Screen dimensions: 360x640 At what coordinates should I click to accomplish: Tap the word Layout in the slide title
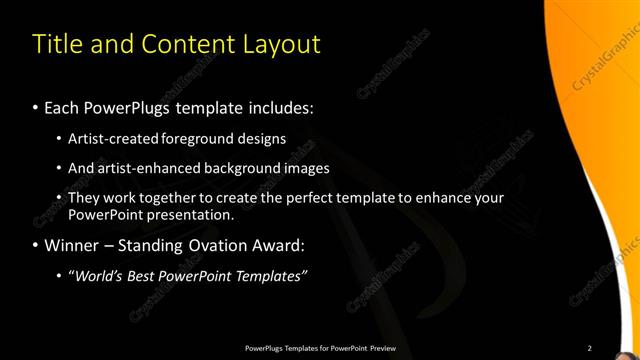pyautogui.click(x=281, y=45)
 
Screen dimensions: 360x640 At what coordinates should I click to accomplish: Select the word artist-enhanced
pyautogui.click(x=144, y=168)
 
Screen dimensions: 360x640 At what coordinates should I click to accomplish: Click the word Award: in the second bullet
pyautogui.click(x=279, y=245)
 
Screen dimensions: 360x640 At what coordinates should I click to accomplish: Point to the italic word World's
pyautogui.click(x=96, y=275)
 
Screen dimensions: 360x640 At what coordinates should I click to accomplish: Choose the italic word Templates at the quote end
pyautogui.click(x=268, y=275)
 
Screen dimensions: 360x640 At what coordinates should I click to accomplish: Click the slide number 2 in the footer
pyautogui.click(x=589, y=348)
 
